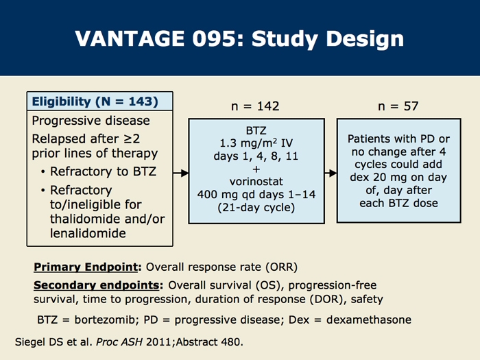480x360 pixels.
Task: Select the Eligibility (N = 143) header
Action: [x=95, y=101]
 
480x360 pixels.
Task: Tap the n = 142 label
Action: [x=255, y=106]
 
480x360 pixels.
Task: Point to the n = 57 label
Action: [x=398, y=106]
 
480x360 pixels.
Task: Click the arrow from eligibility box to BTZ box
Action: [x=180, y=173]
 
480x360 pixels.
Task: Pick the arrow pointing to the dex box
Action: [x=331, y=173]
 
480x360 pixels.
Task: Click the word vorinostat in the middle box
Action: [x=256, y=182]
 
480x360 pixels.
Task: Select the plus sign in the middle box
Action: [x=256, y=169]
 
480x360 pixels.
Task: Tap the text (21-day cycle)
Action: [x=256, y=208]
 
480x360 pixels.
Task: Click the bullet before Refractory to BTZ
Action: [x=43, y=171]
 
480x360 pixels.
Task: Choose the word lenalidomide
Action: [x=88, y=233]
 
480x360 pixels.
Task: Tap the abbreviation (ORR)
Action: [x=282, y=267]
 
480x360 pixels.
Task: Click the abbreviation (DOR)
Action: [x=326, y=299]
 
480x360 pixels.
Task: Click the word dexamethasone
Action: [x=369, y=320]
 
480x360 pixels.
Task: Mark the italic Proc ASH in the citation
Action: [x=119, y=342]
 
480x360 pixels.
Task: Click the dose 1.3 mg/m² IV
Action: [x=256, y=143]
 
